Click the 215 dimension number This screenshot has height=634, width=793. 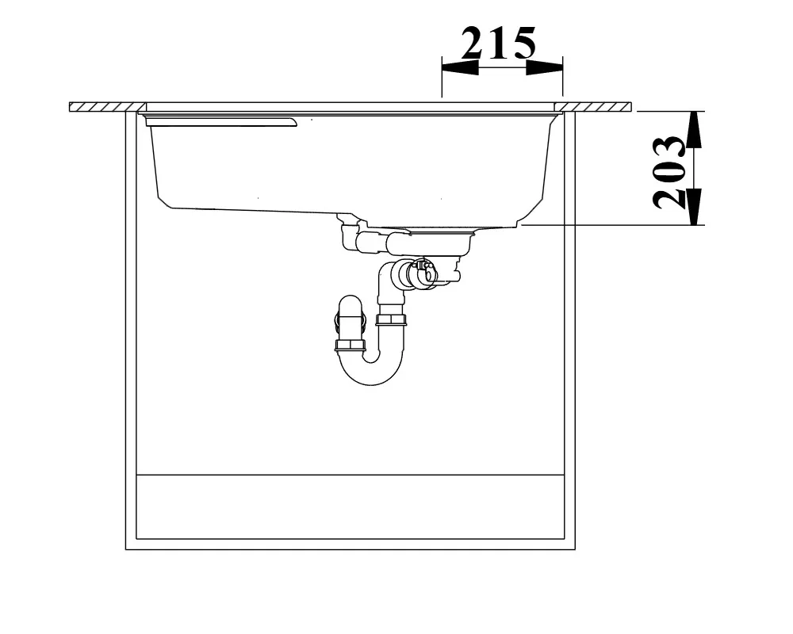coord(498,43)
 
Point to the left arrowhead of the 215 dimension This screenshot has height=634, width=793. coord(460,67)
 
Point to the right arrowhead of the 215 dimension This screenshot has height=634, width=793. coord(544,67)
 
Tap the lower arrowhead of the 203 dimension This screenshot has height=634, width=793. coord(696,206)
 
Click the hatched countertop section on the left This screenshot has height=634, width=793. coord(107,107)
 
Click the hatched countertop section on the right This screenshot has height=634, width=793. coord(593,107)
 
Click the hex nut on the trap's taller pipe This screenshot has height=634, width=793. coord(391,319)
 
